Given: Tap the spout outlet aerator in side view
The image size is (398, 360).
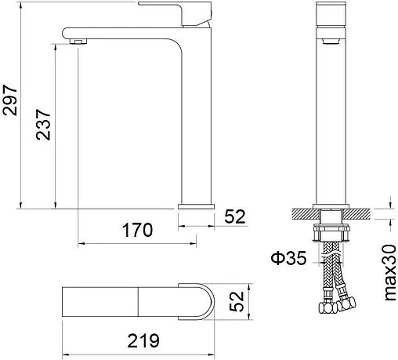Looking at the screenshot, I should coord(76,40).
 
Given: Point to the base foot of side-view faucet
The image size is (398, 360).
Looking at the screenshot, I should coord(195,205).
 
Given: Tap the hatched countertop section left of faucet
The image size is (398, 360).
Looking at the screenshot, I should coord(302,212).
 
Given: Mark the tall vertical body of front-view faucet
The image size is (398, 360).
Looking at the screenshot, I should coord(332,118).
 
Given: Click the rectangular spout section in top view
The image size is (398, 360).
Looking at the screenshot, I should coord(102,303).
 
